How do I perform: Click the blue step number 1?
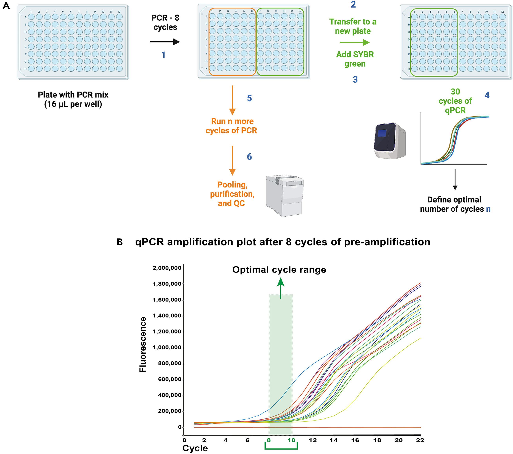[x=163, y=55]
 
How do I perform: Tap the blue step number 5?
[x=249, y=98]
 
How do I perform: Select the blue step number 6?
[x=249, y=157]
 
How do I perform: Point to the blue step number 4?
[x=487, y=95]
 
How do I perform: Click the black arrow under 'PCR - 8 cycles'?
[x=165, y=42]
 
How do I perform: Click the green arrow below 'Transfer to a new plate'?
[x=354, y=42]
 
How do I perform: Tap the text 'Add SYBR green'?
[x=355, y=59]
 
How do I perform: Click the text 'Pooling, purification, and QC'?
[x=232, y=194]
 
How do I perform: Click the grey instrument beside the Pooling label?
[x=285, y=196]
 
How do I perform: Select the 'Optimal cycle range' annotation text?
[x=279, y=270]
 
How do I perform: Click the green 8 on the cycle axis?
[x=269, y=440]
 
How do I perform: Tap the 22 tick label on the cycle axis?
[x=420, y=440]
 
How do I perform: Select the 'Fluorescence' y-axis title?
[x=143, y=344]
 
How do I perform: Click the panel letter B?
[x=120, y=242]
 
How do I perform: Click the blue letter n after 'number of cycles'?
[x=488, y=209]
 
